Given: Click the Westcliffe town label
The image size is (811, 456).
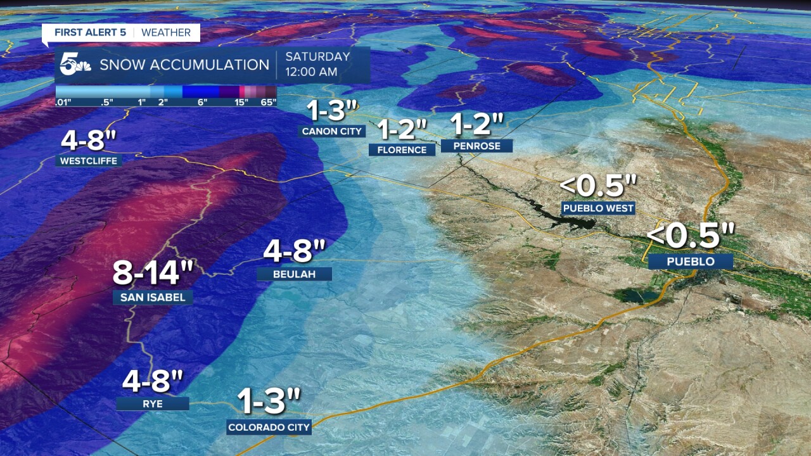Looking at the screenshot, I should (x=89, y=161).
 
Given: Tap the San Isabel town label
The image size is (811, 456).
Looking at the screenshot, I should (x=153, y=297).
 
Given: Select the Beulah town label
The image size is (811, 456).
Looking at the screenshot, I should (x=295, y=274).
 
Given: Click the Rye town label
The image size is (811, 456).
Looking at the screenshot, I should (x=153, y=403).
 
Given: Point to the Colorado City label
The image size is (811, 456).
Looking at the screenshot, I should (x=269, y=427).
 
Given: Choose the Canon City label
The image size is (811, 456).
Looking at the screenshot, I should (x=332, y=131).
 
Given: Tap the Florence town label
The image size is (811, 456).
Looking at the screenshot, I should (x=402, y=149).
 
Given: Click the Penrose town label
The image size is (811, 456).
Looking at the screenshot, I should (x=476, y=146).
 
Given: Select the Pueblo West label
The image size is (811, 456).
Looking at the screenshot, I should (x=597, y=208).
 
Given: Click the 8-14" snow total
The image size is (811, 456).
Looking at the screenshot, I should (x=153, y=273).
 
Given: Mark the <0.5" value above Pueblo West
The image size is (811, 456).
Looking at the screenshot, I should (x=598, y=186).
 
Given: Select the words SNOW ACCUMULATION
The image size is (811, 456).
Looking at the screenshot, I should (x=184, y=65).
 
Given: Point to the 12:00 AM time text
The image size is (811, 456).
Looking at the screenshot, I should (x=311, y=72).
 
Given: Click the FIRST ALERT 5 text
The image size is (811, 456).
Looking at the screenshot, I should (x=90, y=32).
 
